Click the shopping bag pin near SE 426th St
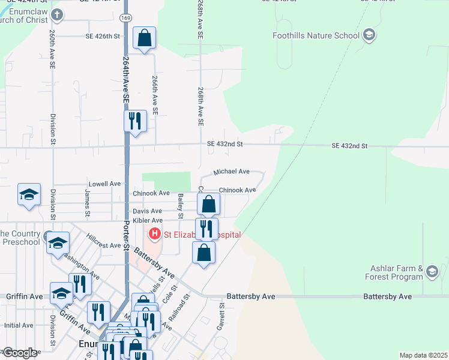pyautogui.click(x=144, y=38)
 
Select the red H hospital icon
pyautogui.click(x=155, y=233)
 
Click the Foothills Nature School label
pyautogui.click(x=316, y=35)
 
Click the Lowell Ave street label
pyautogui.click(x=104, y=184)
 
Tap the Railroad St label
pyautogui.click(x=179, y=306)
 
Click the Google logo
pyautogui.click(x=19, y=353)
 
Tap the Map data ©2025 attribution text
pyautogui.click(x=423, y=355)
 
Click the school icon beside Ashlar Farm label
pyautogui.click(x=432, y=273)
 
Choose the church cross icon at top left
pyautogui.click(x=56, y=14)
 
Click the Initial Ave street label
pyautogui.click(x=19, y=325)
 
